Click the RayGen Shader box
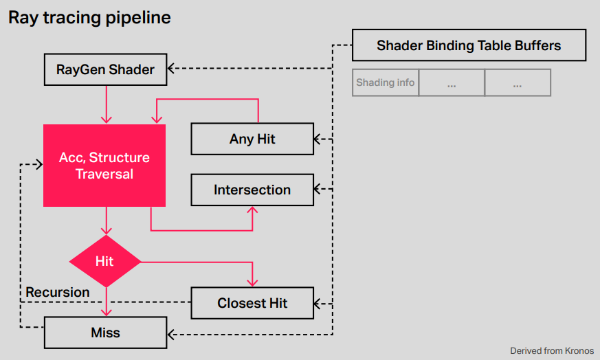[106, 69]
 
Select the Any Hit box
[252, 139]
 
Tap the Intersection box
[252, 190]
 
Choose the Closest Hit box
[252, 303]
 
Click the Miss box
[106, 333]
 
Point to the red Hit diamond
[105, 261]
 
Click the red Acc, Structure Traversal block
[104, 166]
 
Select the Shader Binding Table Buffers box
[469, 45]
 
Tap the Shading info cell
[386, 82]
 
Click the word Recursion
[58, 292]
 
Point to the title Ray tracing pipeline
[89, 18]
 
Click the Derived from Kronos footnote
[552, 351]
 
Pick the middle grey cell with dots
[452, 82]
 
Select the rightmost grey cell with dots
[518, 82]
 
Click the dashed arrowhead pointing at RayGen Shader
[170, 69]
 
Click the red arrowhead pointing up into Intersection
[252, 210]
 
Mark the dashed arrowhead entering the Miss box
[170, 335]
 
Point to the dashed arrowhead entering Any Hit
[318, 139]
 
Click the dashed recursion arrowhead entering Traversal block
[39, 164]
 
